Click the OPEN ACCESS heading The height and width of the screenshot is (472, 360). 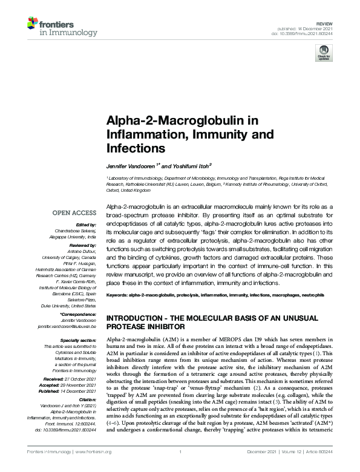(74, 213)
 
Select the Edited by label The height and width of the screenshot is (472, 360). (85, 226)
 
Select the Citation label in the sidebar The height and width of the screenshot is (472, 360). (86, 399)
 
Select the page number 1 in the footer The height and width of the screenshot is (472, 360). (180, 452)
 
